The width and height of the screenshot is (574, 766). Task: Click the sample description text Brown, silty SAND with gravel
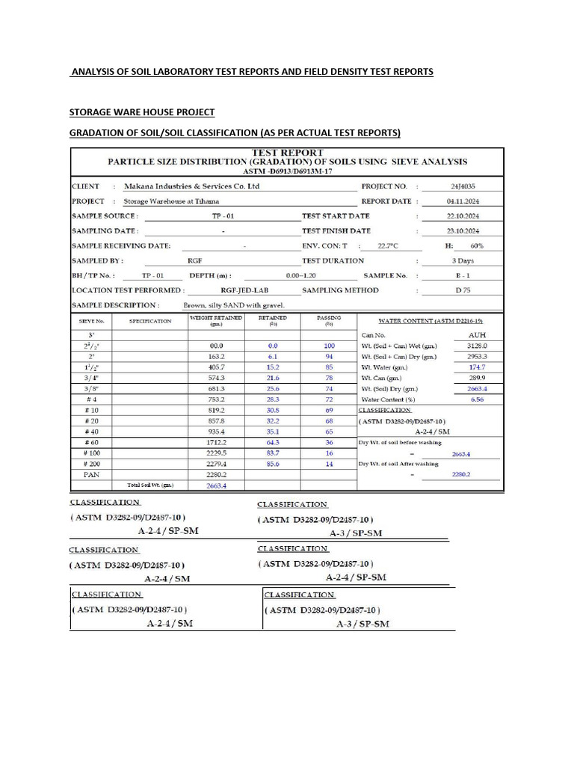[x=234, y=305]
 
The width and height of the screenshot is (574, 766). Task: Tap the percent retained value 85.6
[x=273, y=463]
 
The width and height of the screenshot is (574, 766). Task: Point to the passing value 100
[x=329, y=346]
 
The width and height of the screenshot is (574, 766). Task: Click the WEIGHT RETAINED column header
[x=217, y=320]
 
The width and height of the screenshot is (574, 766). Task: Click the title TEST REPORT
[x=288, y=153]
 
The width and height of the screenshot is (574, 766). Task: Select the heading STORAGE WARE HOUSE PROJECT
[x=142, y=112]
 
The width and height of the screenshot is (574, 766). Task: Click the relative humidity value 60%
[x=477, y=245]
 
